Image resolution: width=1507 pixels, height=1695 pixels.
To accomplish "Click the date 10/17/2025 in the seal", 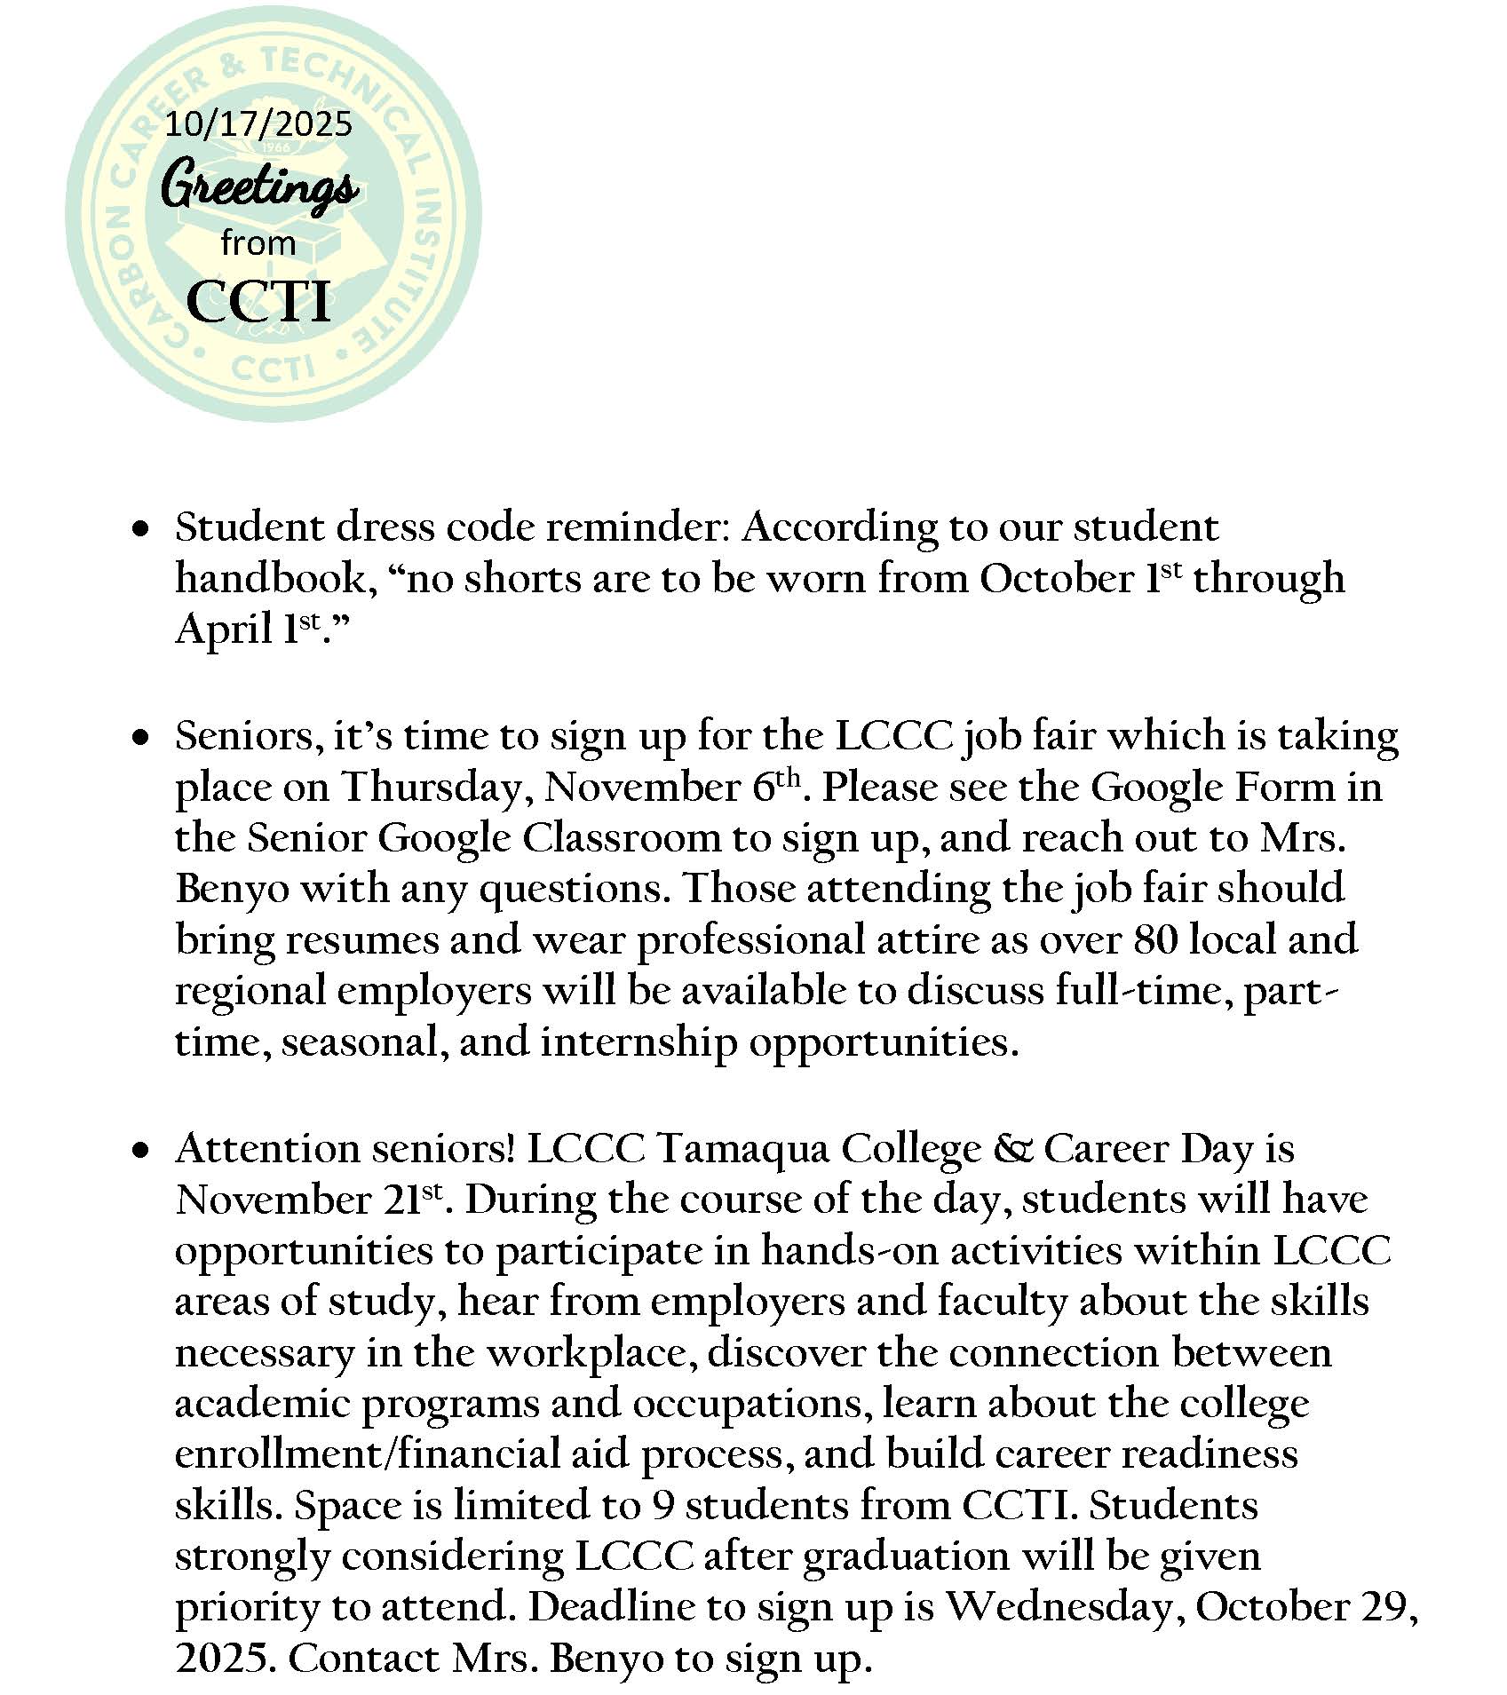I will (258, 123).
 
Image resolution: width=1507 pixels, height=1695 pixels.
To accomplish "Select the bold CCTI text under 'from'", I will (258, 301).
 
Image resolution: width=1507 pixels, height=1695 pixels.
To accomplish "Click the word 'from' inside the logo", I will (258, 242).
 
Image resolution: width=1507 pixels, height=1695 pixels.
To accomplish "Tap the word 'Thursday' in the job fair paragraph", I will (436, 788).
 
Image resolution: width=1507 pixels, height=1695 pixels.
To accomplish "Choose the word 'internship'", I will (638, 1042).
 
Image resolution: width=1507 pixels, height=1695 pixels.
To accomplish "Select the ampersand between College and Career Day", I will (1013, 1149).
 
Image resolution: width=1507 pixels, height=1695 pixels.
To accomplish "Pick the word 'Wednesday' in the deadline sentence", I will (1061, 1608).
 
